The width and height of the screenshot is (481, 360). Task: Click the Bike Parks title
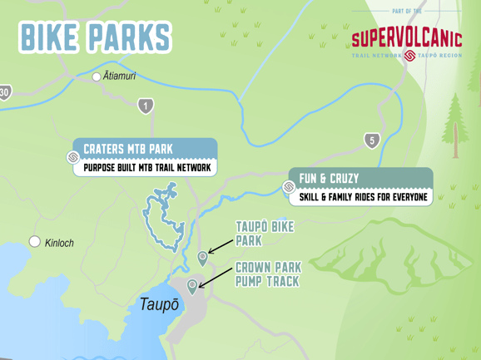pos(95,37)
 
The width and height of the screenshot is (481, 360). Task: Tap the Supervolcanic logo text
pos(406,37)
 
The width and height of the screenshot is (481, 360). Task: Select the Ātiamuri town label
pos(119,76)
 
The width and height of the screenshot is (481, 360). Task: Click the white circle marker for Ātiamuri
pos(97,76)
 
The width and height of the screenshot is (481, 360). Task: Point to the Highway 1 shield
pos(146,106)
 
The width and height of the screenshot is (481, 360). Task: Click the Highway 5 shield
pos(372,141)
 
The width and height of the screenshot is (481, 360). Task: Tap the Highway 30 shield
pos(5,92)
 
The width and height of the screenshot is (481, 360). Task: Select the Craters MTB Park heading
pos(128,149)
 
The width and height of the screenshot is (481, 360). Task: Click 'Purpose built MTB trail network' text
pos(146,168)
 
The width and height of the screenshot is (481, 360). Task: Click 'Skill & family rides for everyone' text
pos(363,197)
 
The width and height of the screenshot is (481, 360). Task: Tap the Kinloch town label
pos(59,243)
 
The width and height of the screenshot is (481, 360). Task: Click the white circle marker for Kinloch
pos(35,242)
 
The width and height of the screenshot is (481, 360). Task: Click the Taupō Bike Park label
pos(264,233)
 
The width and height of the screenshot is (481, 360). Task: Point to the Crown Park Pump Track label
pos(266,274)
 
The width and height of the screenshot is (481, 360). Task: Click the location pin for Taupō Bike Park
pos(202,258)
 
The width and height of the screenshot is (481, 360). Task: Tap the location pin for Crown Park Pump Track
pos(192,286)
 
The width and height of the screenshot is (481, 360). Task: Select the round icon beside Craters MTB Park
pos(73,157)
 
